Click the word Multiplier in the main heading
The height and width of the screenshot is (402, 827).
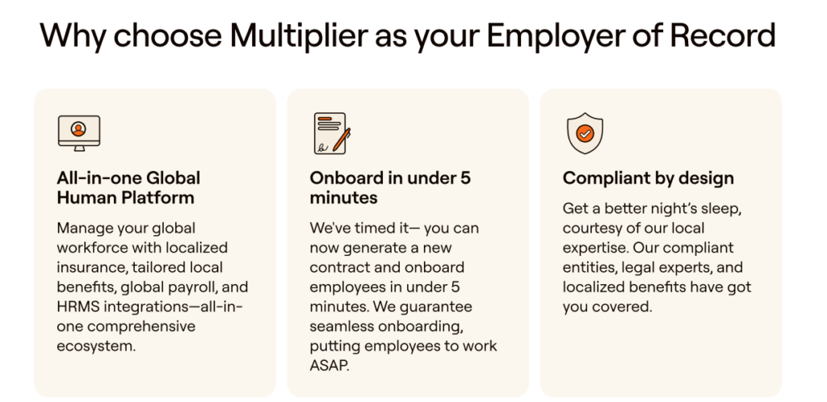click(298, 35)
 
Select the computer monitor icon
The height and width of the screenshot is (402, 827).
click(79, 132)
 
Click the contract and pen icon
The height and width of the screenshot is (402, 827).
click(332, 133)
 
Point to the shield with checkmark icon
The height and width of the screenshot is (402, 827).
click(585, 133)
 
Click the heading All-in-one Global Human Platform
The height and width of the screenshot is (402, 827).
click(128, 187)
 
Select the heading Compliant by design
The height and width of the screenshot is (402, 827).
click(649, 178)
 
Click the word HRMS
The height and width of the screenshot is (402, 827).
click(74, 307)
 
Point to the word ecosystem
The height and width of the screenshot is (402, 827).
click(96, 346)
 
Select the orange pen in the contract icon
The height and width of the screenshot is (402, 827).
click(342, 139)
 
